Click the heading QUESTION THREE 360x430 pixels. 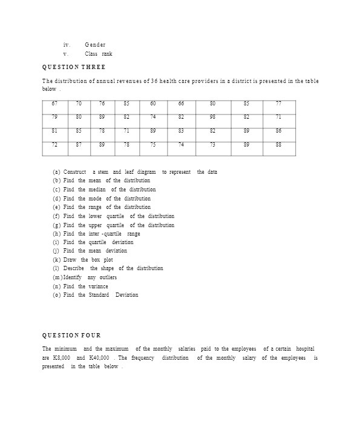[x=73, y=67]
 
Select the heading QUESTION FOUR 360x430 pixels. [x=71, y=335]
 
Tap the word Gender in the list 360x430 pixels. [x=95, y=45]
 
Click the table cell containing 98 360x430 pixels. [x=212, y=116]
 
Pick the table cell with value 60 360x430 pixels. [x=152, y=103]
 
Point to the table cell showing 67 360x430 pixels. [x=55, y=103]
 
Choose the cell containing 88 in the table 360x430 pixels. [x=278, y=144]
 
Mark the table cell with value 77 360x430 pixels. [x=278, y=103]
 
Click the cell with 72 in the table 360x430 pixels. [x=55, y=144]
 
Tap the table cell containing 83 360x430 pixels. [x=181, y=130]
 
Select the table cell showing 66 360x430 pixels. [x=181, y=103]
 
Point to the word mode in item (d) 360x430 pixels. [x=96, y=199]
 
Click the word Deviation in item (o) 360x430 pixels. [x=126, y=295]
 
